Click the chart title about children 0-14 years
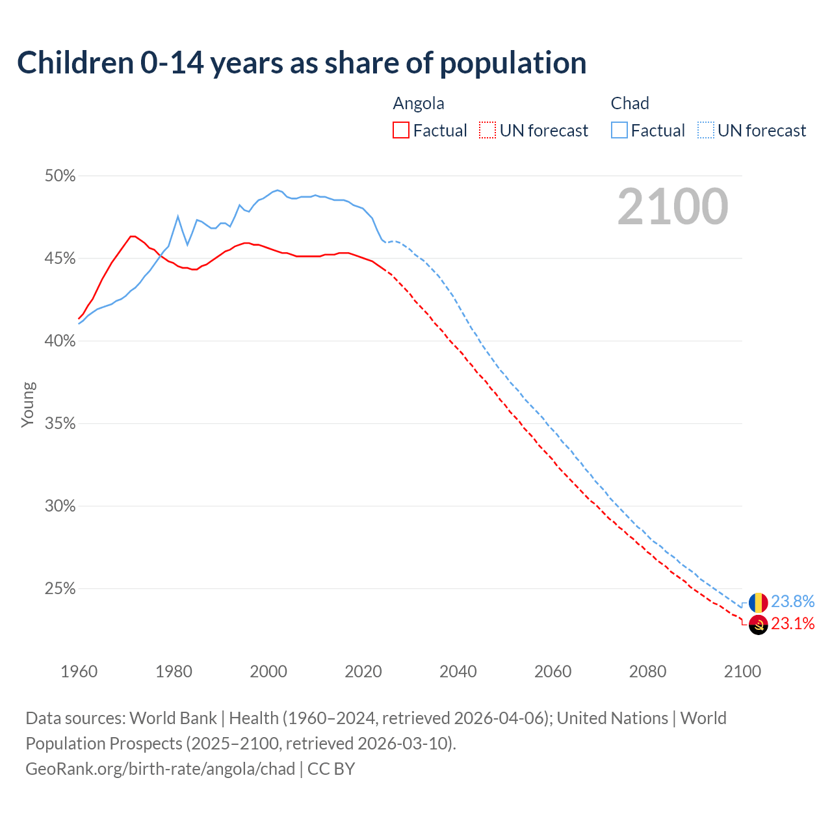pyautogui.click(x=302, y=63)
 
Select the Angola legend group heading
pyautogui.click(x=419, y=103)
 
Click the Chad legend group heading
pyautogui.click(x=630, y=103)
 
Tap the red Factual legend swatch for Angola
pyautogui.click(x=401, y=131)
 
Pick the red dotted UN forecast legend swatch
pyautogui.click(x=487, y=131)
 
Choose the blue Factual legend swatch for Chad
pyautogui.click(x=619, y=131)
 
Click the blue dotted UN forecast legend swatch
pyautogui.click(x=706, y=131)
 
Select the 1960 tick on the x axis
pyautogui.click(x=79, y=671)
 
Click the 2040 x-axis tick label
pyautogui.click(x=458, y=671)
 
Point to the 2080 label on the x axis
pyautogui.click(x=647, y=671)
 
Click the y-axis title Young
pyautogui.click(x=28, y=404)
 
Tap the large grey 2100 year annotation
pyautogui.click(x=673, y=207)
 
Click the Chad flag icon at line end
pyautogui.click(x=758, y=603)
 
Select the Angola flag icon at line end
pyautogui.click(x=758, y=625)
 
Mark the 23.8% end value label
pyautogui.click(x=792, y=602)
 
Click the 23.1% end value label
pyautogui.click(x=792, y=624)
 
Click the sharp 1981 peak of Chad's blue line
pyautogui.click(x=177, y=216)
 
